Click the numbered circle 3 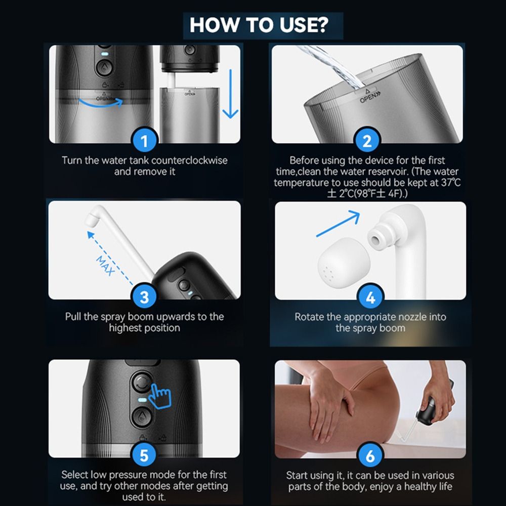144,297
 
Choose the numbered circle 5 144,455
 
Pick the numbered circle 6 370,455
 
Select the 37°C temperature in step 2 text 450,182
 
